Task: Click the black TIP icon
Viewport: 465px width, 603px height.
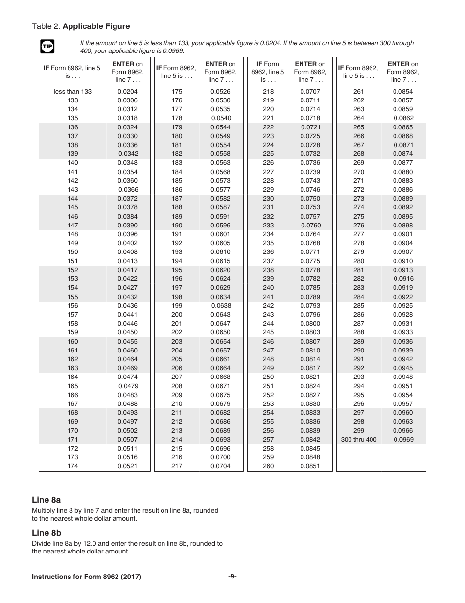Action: tap(47, 47)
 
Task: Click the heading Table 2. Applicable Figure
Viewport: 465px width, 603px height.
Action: tap(81, 26)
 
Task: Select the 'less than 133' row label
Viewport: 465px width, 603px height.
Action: tap(72, 92)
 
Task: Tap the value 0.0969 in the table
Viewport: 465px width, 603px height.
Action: tap(403, 440)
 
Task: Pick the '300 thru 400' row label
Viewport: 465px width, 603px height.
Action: tap(359, 440)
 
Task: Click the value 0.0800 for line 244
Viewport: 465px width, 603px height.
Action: tap(310, 324)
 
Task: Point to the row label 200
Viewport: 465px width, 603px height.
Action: tap(177, 315)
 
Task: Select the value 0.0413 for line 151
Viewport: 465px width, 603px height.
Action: tap(127, 261)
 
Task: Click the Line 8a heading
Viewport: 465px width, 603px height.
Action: tap(46, 500)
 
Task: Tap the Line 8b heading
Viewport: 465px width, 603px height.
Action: tap(46, 533)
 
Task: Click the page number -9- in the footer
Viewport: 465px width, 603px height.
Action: tap(232, 577)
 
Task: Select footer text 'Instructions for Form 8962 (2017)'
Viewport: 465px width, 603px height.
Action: tap(87, 577)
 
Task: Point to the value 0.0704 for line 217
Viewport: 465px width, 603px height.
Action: tap(220, 466)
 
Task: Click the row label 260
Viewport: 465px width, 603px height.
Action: tap(268, 466)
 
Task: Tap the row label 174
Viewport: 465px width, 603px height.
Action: tap(72, 466)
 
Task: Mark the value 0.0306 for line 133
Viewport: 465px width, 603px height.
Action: tap(127, 100)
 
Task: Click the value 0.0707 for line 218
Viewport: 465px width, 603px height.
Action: tap(310, 92)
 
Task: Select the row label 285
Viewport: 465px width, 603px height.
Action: tap(359, 306)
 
